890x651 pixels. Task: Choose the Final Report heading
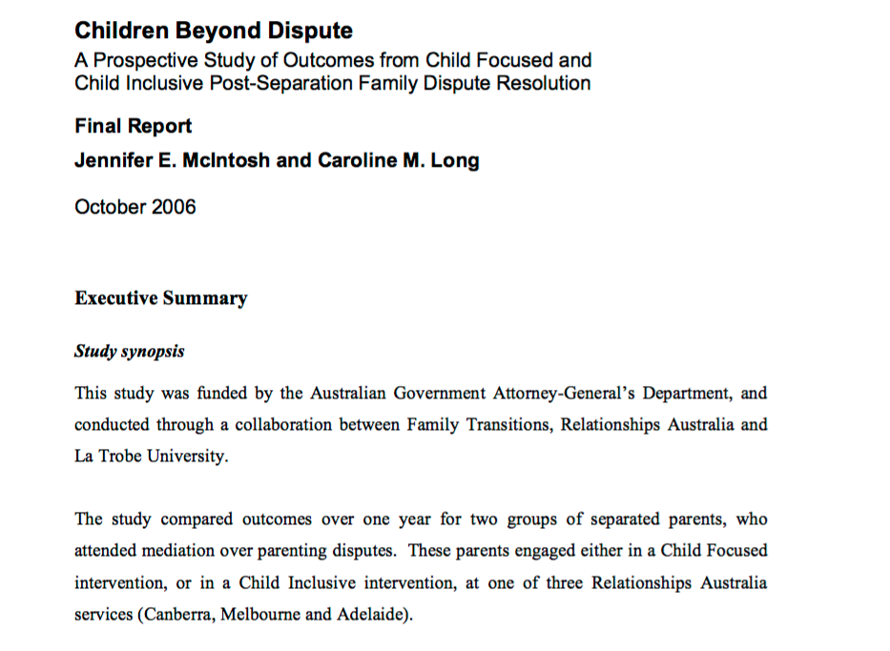pos(133,126)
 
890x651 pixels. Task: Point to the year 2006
pos(174,207)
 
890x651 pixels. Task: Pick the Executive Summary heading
pos(160,298)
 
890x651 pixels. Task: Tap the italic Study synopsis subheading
pos(129,351)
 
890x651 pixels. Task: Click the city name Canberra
pos(177,614)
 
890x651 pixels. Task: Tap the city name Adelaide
pos(371,614)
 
